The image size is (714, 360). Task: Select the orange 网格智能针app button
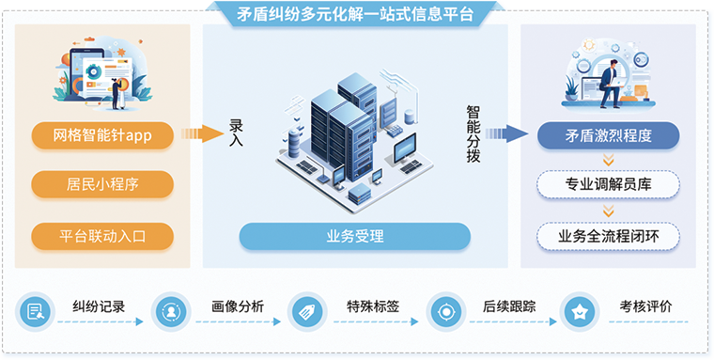(102, 135)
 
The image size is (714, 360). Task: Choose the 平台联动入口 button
(102, 235)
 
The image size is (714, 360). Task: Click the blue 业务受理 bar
(354, 236)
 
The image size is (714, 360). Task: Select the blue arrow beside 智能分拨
(507, 134)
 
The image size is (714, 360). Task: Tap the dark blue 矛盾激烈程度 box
(608, 135)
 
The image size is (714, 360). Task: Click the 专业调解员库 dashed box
(608, 184)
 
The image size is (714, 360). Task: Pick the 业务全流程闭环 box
(608, 235)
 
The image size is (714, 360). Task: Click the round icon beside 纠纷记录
(34, 311)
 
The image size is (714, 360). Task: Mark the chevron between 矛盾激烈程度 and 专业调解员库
(608, 160)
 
